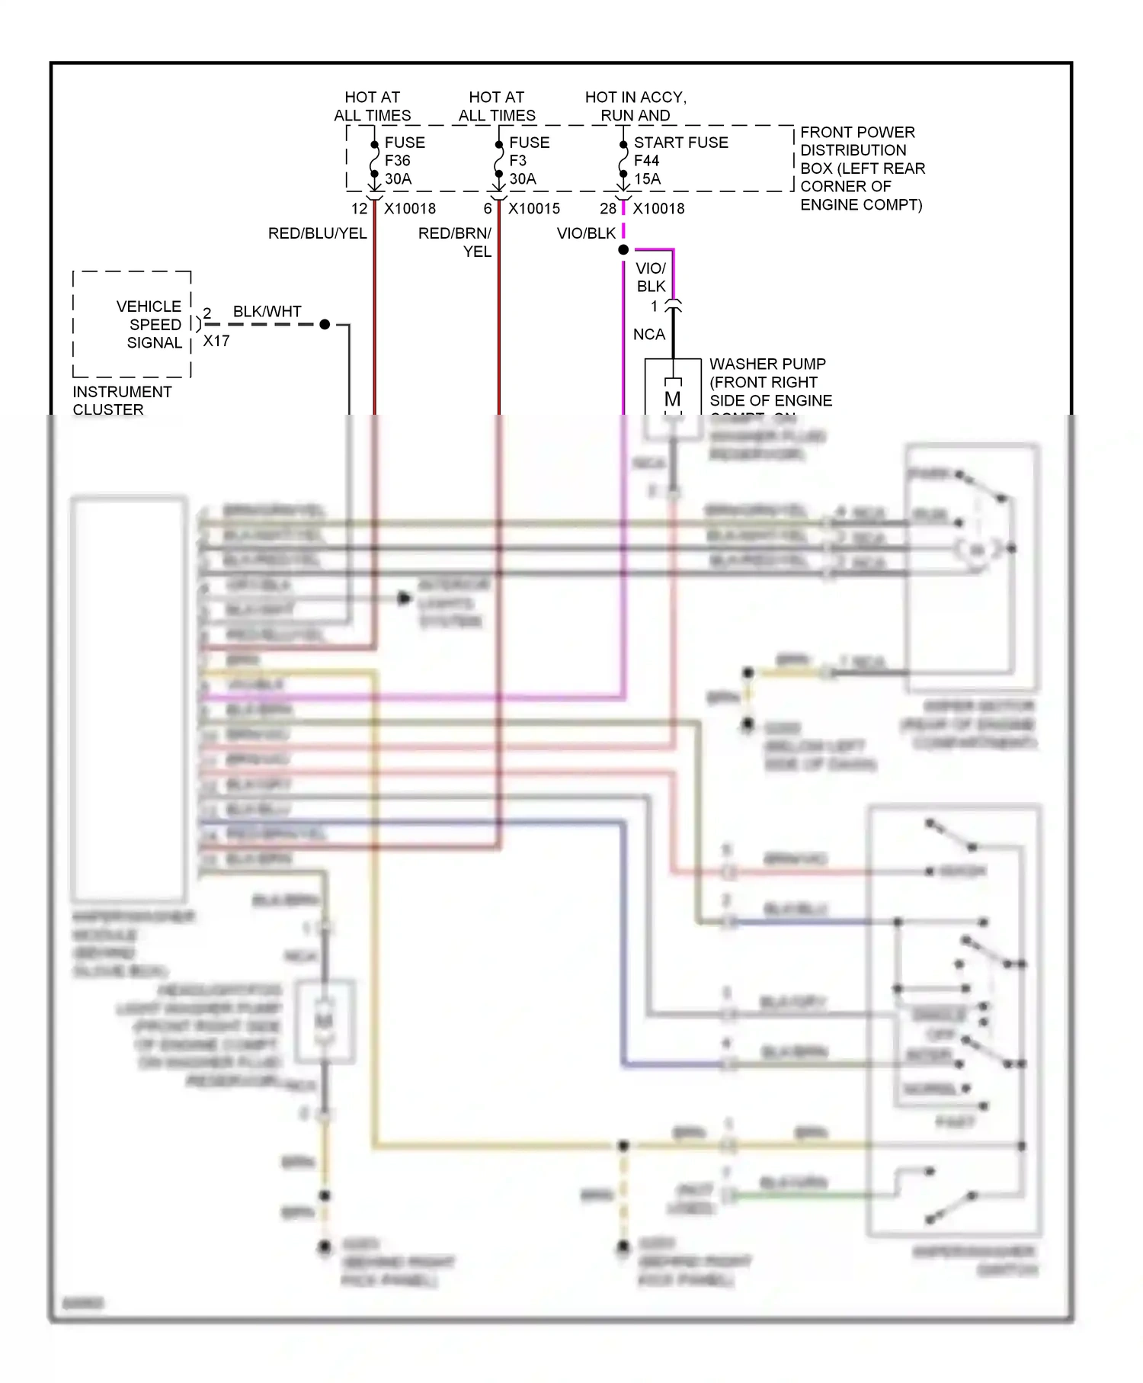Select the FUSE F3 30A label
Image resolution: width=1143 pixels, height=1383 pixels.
528,160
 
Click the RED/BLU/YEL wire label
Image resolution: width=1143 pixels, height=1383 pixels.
317,233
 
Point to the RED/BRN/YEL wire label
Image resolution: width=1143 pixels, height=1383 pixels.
455,242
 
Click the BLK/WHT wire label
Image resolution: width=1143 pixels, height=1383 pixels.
267,311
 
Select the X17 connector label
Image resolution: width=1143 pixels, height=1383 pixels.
216,341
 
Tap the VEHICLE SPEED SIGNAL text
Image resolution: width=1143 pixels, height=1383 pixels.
149,324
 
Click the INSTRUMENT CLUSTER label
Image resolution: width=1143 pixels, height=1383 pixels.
122,400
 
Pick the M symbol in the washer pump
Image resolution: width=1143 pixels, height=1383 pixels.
672,399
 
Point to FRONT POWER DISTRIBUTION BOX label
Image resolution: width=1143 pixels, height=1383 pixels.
861,168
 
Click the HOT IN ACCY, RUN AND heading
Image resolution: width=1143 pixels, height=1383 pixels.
636,106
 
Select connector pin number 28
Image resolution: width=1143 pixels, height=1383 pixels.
607,208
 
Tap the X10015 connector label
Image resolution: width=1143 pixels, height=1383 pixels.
534,208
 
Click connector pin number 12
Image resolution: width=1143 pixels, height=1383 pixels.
359,208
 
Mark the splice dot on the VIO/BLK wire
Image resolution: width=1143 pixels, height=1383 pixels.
623,249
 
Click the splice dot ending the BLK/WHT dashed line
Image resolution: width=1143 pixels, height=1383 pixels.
325,324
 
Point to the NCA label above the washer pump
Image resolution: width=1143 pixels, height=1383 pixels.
648,334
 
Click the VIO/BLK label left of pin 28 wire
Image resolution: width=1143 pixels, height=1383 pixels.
585,233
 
